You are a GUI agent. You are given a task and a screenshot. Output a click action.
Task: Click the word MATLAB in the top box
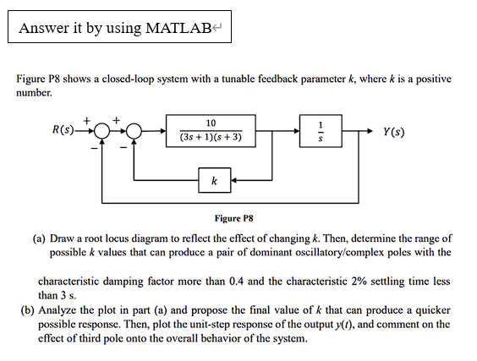point(181,28)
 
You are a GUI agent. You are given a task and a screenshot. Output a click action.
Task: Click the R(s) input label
point(63,131)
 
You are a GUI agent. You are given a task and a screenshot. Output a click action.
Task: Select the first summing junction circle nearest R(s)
point(101,131)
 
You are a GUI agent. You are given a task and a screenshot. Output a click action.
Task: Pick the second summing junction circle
point(135,131)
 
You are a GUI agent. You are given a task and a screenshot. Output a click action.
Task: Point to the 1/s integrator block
point(320,131)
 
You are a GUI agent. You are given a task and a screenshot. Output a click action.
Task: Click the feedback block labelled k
point(214,180)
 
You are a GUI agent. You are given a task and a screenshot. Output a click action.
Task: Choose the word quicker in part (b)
point(434,310)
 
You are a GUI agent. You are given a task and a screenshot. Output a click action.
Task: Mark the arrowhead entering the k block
point(235,180)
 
